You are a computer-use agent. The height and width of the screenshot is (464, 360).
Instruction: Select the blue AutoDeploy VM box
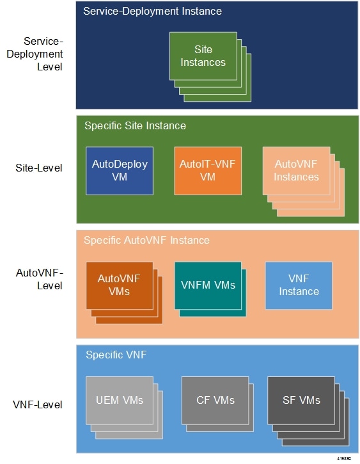pyautogui.click(x=120, y=170)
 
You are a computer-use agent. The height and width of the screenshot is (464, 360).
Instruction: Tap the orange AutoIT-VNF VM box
pyautogui.click(x=208, y=170)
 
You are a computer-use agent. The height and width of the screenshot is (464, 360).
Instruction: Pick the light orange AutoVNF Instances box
pyautogui.click(x=296, y=170)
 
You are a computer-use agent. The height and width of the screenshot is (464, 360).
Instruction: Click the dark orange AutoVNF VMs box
pyautogui.click(x=120, y=285)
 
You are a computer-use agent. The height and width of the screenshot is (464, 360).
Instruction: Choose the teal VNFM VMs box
pyautogui.click(x=208, y=285)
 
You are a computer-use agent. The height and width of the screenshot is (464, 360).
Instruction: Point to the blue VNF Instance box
pyautogui.click(x=299, y=285)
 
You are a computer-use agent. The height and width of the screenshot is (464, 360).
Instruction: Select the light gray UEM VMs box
pyautogui.click(x=120, y=400)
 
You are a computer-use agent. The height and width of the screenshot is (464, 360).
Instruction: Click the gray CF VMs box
pyautogui.click(x=215, y=400)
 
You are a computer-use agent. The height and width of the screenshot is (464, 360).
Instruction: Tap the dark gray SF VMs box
pyautogui.click(x=301, y=400)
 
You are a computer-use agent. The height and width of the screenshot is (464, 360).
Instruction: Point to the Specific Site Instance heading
pyautogui.click(x=135, y=125)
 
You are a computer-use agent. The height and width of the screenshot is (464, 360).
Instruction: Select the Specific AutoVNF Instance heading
pyautogui.click(x=146, y=240)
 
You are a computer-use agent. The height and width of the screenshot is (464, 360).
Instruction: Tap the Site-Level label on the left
pyautogui.click(x=39, y=169)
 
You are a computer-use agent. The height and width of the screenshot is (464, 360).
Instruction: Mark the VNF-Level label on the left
pyautogui.click(x=39, y=404)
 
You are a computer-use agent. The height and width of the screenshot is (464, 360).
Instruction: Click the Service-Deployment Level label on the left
pyautogui.click(x=39, y=53)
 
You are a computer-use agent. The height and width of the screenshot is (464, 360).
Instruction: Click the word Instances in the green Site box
pyautogui.click(x=203, y=62)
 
